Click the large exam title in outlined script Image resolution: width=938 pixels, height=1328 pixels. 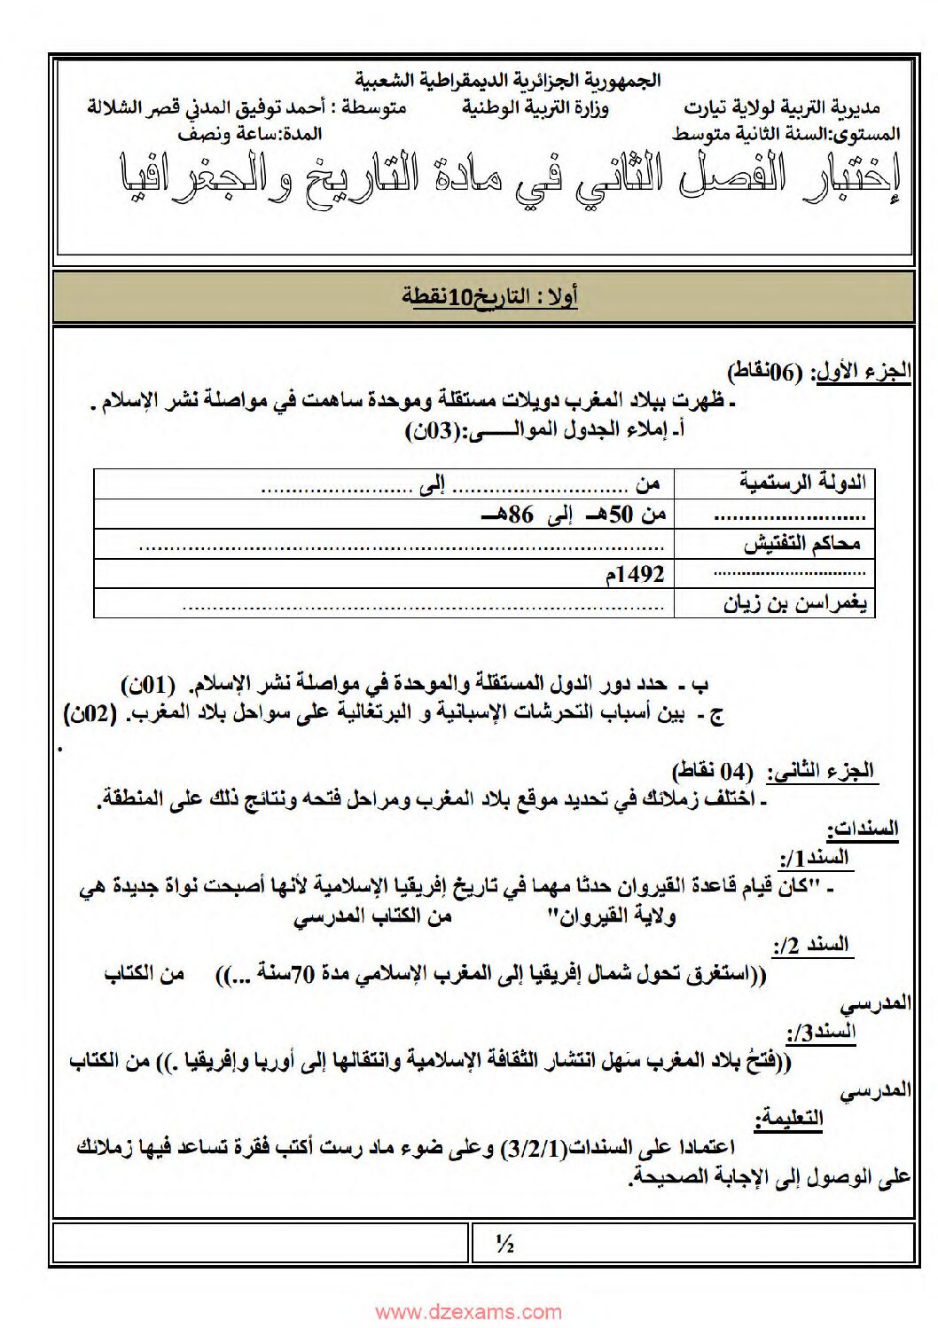click(x=510, y=177)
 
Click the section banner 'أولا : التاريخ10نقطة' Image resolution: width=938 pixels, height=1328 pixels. click(x=489, y=297)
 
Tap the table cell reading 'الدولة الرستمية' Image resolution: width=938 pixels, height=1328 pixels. click(x=802, y=483)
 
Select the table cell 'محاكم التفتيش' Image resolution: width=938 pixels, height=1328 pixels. click(x=801, y=544)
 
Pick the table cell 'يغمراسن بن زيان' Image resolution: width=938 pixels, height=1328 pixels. click(x=794, y=603)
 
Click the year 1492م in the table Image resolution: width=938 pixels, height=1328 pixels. click(x=635, y=574)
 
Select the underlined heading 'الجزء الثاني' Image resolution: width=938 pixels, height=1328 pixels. click(x=821, y=771)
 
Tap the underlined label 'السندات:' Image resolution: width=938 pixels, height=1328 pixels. click(x=863, y=830)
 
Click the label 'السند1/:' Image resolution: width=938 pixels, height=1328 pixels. click(x=814, y=858)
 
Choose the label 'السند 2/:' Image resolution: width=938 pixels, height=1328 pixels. click(x=811, y=946)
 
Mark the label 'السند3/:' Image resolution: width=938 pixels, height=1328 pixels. click(x=821, y=1032)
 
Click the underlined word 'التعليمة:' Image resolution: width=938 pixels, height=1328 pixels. click(x=789, y=1120)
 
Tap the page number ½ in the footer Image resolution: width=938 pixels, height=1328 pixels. click(x=504, y=1245)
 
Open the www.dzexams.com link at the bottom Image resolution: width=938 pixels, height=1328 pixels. click(x=468, y=1312)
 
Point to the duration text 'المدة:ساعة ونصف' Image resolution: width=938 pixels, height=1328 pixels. click(x=250, y=134)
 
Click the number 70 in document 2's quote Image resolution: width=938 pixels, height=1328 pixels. click(x=303, y=974)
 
